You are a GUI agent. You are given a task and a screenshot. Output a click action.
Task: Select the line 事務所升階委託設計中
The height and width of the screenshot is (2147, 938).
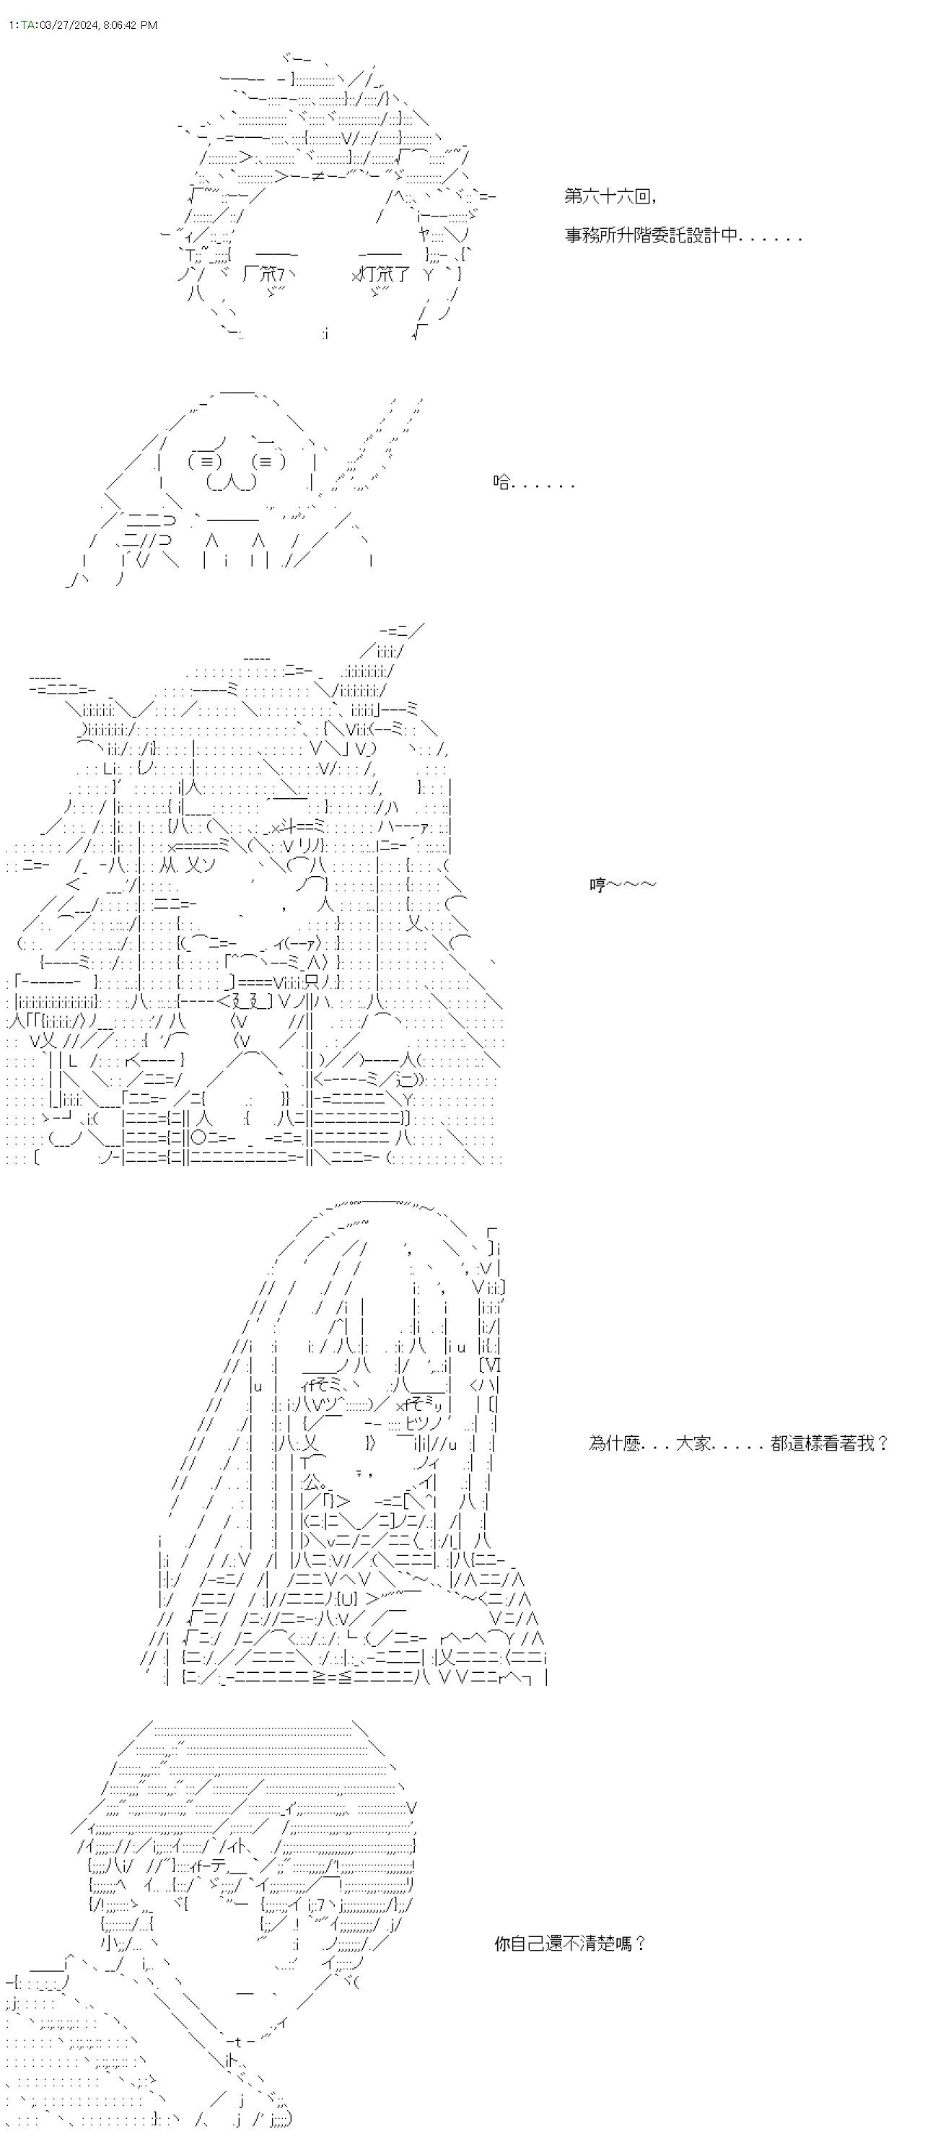[x=683, y=235]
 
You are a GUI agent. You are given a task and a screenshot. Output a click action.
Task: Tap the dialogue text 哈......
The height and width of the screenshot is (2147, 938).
[x=533, y=483]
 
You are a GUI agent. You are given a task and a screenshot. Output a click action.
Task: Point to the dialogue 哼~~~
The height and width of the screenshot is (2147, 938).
[x=622, y=884]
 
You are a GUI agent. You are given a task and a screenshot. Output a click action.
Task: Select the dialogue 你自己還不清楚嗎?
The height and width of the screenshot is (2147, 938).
[x=570, y=1944]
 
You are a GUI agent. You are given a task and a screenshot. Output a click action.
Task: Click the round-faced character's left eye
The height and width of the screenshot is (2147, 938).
[x=205, y=461]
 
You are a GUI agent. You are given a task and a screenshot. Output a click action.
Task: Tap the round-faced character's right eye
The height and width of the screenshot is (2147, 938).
[x=268, y=461]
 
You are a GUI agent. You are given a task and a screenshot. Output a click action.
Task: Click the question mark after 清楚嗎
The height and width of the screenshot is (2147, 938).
[x=640, y=1944]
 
